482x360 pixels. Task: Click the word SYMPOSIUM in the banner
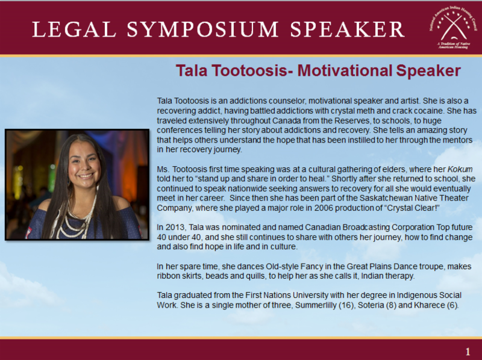[x=202, y=29]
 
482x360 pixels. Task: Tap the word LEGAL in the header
[x=74, y=29]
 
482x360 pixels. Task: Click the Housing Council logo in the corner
[x=454, y=28]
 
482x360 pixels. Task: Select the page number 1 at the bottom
[x=468, y=352]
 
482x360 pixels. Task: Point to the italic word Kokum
[x=460, y=169]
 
